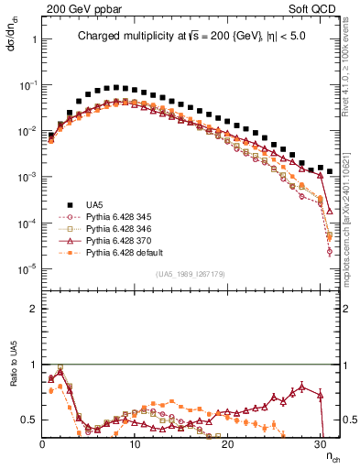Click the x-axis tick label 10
[x=135, y=443]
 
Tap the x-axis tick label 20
[x=227, y=443]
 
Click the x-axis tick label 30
[x=320, y=443]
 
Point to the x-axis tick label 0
[x=42, y=443]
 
